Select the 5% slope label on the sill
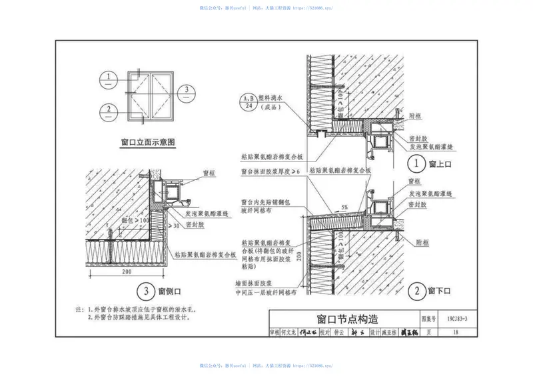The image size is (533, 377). click(x=345, y=206)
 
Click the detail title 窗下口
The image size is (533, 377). click(x=440, y=291)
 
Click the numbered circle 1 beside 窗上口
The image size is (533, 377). click(x=417, y=163)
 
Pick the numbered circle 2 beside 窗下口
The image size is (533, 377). click(x=417, y=291)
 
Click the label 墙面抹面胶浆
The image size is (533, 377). click(x=263, y=282)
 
